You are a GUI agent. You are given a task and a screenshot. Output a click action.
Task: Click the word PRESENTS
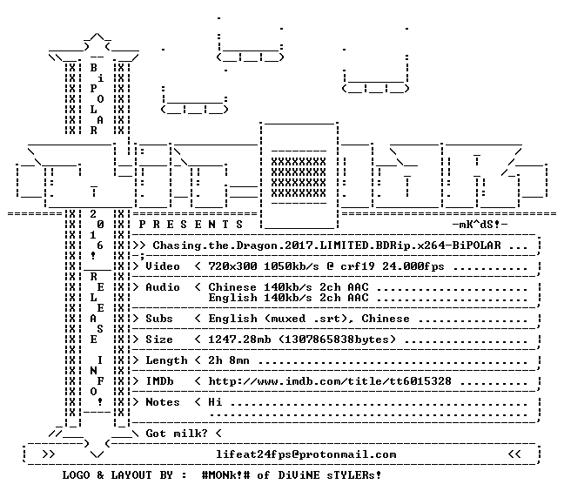[x=191, y=225]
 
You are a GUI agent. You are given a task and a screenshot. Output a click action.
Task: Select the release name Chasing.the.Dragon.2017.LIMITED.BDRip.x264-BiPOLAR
[x=326, y=245]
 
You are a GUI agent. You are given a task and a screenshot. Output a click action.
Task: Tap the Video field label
[x=162, y=266]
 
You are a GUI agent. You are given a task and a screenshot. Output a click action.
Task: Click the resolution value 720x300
[x=232, y=266]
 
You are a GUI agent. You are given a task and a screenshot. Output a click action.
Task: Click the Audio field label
[x=162, y=287]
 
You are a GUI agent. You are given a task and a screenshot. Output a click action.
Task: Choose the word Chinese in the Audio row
[x=232, y=287]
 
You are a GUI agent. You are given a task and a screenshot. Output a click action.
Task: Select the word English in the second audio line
[x=232, y=298]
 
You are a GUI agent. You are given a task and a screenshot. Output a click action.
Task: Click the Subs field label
[x=158, y=319]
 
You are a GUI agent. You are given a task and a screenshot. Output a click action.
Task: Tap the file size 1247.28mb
[x=239, y=340]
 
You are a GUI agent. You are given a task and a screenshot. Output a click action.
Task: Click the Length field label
[x=166, y=360]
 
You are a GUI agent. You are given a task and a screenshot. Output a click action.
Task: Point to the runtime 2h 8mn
[x=229, y=360]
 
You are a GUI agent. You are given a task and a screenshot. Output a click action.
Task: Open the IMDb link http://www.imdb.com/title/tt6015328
[x=330, y=381]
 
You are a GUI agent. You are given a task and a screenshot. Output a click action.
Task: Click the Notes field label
[x=162, y=402]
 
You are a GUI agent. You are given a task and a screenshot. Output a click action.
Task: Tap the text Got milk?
[x=176, y=433]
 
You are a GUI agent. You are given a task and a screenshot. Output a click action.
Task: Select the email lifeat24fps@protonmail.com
[x=305, y=454]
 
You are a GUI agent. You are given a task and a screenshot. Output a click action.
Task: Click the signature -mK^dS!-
[x=480, y=225]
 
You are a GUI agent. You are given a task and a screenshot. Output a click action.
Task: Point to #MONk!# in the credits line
[x=225, y=475]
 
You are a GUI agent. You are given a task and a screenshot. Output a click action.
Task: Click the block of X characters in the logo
[x=299, y=178]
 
